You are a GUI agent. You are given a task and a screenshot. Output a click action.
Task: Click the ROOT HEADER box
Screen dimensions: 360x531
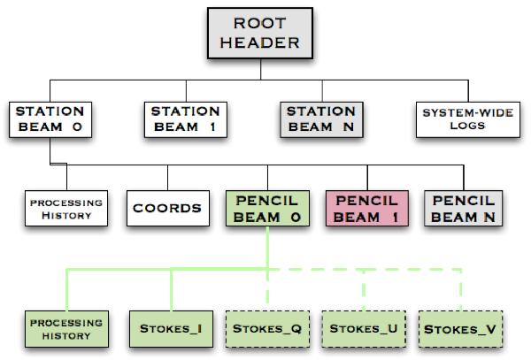[266, 33]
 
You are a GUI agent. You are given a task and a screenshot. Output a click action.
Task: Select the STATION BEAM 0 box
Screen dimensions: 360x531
[50, 119]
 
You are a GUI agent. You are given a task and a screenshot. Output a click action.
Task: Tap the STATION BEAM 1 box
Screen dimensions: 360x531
[185, 119]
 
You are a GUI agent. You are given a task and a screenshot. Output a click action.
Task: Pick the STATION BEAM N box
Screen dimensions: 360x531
[320, 119]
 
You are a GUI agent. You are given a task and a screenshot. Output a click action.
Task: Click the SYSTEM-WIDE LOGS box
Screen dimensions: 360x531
[454, 119]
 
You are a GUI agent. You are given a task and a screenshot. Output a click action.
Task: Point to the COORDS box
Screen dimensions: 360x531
[167, 210]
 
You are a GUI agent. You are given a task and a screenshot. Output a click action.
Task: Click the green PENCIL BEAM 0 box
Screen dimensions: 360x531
[267, 209]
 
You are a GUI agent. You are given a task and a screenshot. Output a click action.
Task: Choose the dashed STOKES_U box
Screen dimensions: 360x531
[363, 329]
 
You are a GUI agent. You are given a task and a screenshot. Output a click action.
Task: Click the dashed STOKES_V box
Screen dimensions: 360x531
[460, 329]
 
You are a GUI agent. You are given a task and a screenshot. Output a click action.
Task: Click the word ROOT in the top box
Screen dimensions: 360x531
[266, 23]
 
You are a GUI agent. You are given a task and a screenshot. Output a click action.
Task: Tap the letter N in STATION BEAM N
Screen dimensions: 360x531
[350, 127]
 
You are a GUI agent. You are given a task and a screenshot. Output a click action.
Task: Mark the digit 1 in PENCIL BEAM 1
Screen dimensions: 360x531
[390, 217]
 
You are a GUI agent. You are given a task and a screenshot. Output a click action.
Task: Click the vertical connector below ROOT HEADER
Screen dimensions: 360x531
[266, 69]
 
